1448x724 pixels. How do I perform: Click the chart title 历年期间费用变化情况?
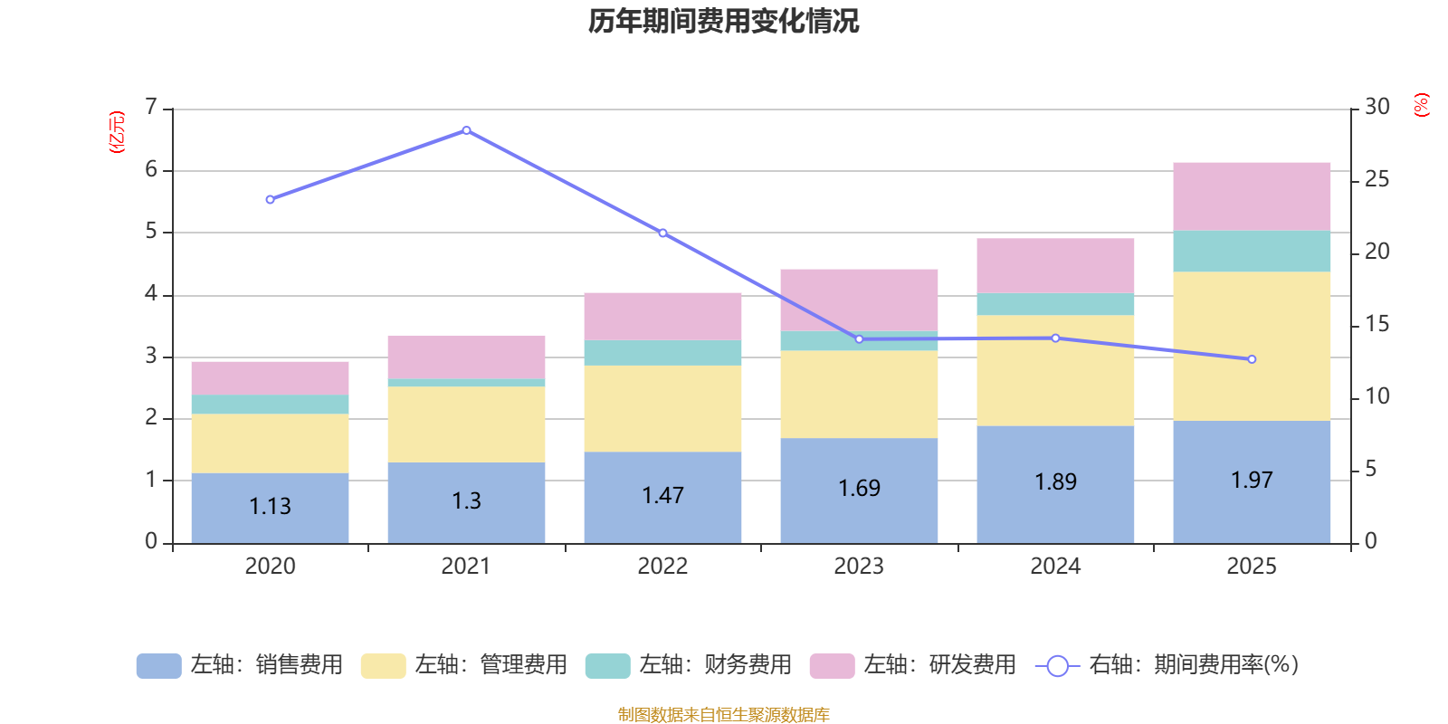coord(723,21)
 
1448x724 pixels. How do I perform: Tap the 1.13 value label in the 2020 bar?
coord(270,506)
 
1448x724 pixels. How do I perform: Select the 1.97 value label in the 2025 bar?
coord(1252,480)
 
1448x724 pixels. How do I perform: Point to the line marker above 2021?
coord(466,130)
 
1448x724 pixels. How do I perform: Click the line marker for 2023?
coord(859,339)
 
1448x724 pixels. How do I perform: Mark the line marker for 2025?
coord(1252,359)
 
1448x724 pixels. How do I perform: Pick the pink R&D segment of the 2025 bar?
coord(1252,196)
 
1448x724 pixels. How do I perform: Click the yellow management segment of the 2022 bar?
coord(662,408)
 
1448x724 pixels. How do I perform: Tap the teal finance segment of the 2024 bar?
coord(1055,304)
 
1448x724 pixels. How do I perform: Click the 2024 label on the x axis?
coord(1055,567)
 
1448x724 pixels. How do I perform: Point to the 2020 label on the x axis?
coord(270,567)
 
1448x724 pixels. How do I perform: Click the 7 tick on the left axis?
coord(151,108)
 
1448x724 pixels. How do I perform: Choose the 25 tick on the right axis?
coord(1377,179)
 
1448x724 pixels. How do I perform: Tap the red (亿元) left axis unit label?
coord(116,132)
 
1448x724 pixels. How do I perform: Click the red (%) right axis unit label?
coord(1421,105)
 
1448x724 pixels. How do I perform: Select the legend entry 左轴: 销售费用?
coord(240,665)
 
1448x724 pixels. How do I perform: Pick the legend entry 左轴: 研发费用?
coord(913,665)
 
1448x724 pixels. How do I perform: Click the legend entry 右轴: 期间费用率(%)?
coord(1167,665)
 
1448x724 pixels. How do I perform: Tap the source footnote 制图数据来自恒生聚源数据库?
coord(723,715)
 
